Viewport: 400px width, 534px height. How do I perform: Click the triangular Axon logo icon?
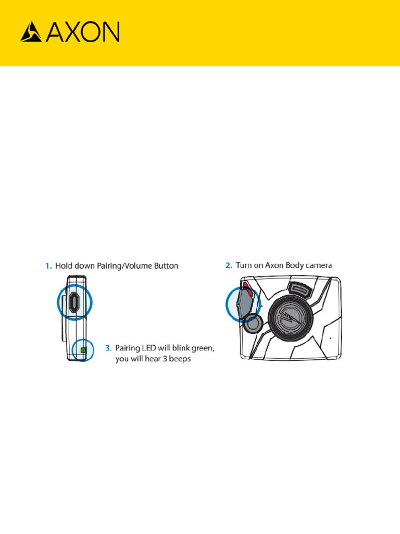[x=31, y=32]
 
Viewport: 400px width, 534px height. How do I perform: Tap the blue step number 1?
[x=47, y=266]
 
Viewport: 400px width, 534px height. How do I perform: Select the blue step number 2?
[x=228, y=265]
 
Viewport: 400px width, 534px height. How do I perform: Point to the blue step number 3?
[x=108, y=347]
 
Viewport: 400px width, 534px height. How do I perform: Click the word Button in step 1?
[x=165, y=266]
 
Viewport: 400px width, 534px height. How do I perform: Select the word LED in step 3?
[x=148, y=347]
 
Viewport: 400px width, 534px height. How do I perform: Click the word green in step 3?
[x=202, y=348]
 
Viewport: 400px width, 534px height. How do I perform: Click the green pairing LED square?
[x=82, y=350]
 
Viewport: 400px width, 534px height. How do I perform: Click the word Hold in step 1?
[x=64, y=266]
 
